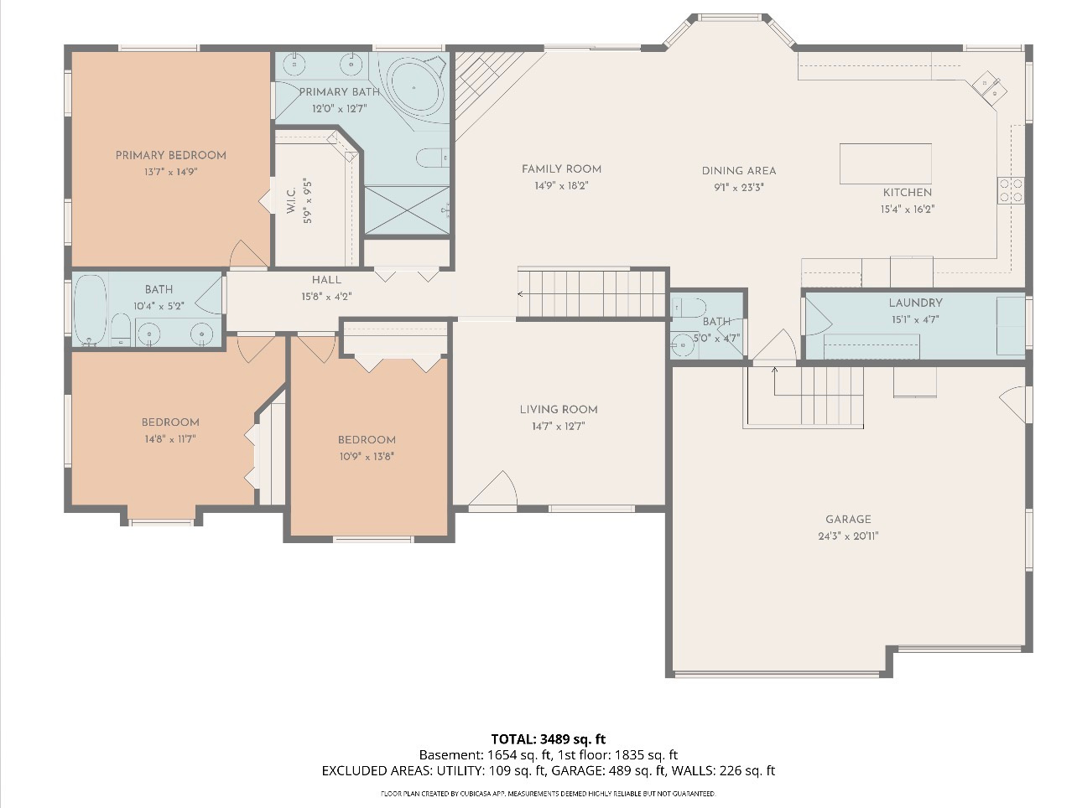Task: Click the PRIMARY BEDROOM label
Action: (x=170, y=155)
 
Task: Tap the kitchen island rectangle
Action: (x=885, y=163)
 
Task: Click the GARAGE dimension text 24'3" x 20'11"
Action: (x=848, y=536)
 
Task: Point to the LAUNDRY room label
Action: (x=915, y=303)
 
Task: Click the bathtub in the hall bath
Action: (x=90, y=309)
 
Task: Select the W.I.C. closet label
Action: (x=291, y=202)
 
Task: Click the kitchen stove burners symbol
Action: (x=1011, y=190)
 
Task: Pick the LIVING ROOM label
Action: (x=559, y=409)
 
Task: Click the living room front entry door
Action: (x=494, y=490)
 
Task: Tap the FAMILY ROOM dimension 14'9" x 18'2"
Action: (x=561, y=186)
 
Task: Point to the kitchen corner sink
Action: (x=986, y=85)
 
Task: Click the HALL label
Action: (x=326, y=280)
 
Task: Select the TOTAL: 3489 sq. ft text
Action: (x=548, y=738)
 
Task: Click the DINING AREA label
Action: (x=738, y=171)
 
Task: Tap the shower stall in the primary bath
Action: (x=407, y=210)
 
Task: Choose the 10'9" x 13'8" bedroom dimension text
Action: (x=367, y=457)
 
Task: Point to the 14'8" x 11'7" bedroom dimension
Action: (x=169, y=439)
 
